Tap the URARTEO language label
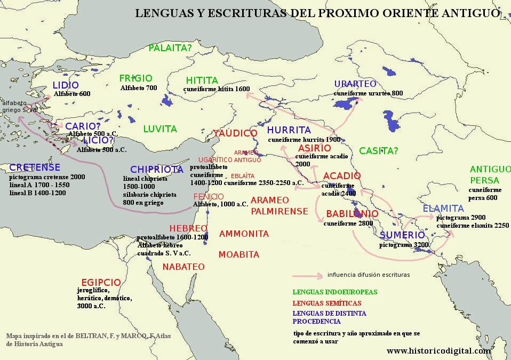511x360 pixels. [355, 84]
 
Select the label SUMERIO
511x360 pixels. [402, 235]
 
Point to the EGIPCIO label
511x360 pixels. [101, 282]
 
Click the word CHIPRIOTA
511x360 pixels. [157, 169]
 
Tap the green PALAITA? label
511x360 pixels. [170, 49]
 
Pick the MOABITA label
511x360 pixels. [239, 254]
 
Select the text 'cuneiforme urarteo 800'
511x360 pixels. [368, 93]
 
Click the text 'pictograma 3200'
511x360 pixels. [404, 245]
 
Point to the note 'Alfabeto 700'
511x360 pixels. [139, 87]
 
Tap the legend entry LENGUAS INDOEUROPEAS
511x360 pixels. [334, 292]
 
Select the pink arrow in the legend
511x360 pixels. [307, 276]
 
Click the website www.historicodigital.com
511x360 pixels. [438, 351]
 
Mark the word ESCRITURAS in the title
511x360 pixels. [243, 13]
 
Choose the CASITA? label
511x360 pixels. [378, 151]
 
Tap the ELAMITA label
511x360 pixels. [443, 209]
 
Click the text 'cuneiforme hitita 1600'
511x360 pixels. [217, 89]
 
